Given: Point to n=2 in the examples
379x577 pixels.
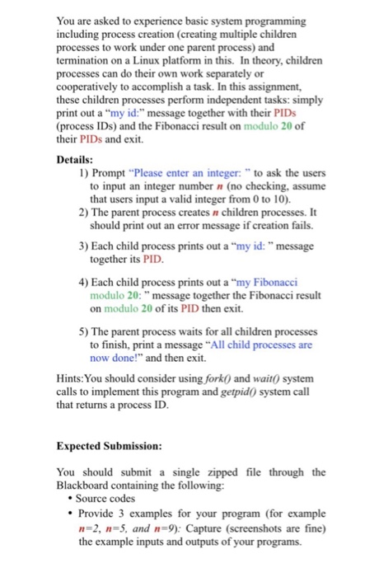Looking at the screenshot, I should (x=93, y=531).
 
